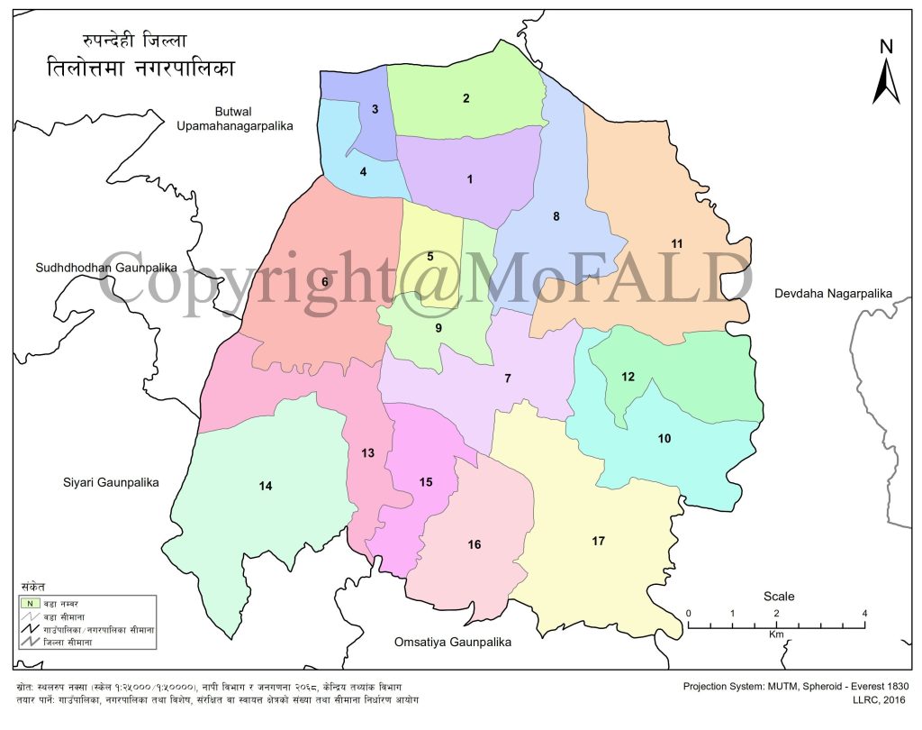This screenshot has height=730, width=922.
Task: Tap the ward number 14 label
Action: coord(266,487)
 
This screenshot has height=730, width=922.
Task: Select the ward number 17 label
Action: coord(598,541)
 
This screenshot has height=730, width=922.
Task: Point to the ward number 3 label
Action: coord(375,110)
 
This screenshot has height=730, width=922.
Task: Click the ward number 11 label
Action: coord(677,243)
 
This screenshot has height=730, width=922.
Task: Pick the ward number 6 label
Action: coord(325,282)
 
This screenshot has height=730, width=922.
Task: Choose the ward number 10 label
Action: coord(664,439)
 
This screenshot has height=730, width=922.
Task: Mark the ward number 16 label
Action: coord(475,544)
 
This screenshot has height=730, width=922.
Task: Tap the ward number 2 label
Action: coord(466,98)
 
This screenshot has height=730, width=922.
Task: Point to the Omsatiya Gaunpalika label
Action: coord(453,643)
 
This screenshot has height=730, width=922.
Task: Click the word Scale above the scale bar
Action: coord(779,597)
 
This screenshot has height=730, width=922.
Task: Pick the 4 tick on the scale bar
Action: coord(864,614)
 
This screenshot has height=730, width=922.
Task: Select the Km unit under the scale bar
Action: coord(776,634)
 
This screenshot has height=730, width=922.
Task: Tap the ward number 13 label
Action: coord(367,453)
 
